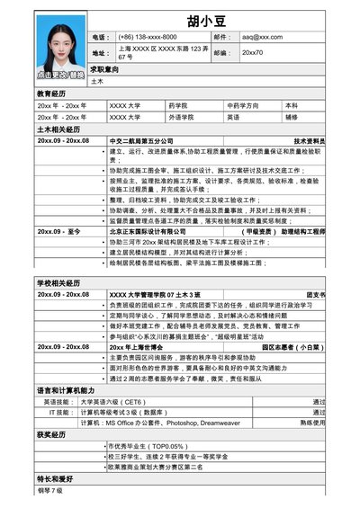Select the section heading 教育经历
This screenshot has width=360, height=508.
click(52, 94)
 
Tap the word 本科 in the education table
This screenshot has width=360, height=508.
click(292, 105)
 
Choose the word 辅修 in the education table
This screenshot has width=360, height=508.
click(292, 117)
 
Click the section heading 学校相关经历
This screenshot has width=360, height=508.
click(58, 283)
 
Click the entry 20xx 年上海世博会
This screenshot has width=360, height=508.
click(139, 345)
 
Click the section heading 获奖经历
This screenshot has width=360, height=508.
click(52, 434)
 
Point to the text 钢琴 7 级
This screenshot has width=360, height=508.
click(50, 491)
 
